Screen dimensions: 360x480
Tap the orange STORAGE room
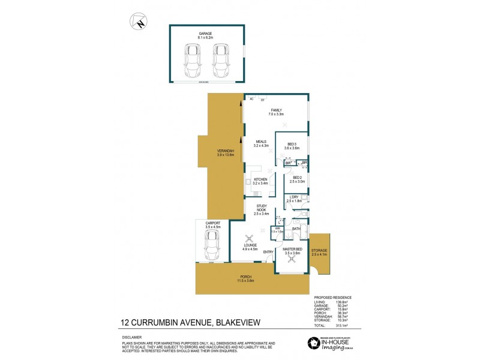coord(319,252)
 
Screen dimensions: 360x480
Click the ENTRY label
coord(268,251)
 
